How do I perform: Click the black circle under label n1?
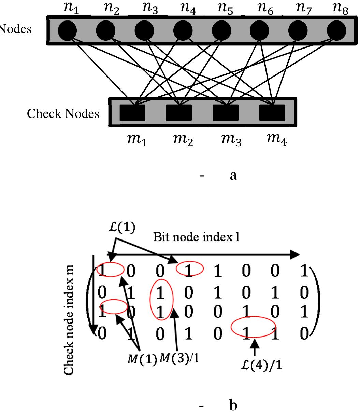pos(68,31)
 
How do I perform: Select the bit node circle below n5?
pos(221,31)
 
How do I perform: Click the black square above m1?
pos(132,113)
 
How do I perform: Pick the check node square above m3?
pos(225,113)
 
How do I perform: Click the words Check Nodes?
pos(63,113)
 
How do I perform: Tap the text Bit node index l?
pos(196,237)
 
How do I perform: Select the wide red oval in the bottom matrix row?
pos(253,327)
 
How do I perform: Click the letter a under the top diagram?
pos(233,176)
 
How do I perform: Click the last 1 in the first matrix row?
pos(303,272)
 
